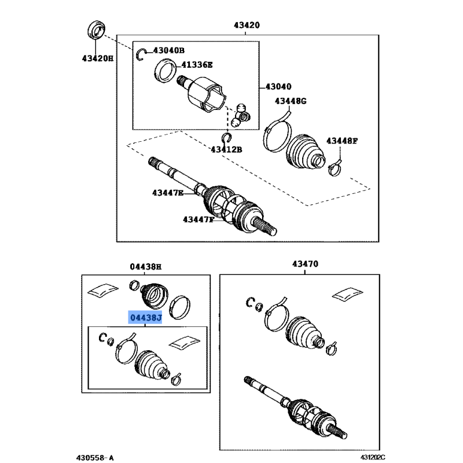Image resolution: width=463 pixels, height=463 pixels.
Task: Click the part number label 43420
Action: coord(247,25)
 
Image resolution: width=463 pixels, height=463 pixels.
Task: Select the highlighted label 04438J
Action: coord(145,317)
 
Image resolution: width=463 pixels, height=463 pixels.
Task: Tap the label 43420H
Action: coord(97,58)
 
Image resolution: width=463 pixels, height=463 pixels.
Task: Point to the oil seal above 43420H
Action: coord(96,30)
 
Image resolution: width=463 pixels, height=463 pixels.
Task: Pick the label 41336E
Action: coord(197,64)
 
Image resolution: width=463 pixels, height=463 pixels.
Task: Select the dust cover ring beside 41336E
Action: coord(165,71)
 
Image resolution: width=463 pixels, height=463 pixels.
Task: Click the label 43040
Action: coord(278,86)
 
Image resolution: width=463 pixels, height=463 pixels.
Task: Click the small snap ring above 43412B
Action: coord(227,138)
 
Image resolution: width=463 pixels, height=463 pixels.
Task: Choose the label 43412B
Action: coord(226,150)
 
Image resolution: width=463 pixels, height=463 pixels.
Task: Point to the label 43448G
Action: coord(291,101)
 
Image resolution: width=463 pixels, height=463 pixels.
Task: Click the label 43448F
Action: coord(341,141)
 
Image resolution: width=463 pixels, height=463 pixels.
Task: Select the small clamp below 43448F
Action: coord(335,168)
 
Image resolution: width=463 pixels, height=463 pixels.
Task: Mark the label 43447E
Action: coord(167,193)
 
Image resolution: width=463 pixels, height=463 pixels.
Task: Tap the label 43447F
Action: coord(198,219)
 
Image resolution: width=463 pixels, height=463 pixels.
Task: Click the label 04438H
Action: coord(146,267)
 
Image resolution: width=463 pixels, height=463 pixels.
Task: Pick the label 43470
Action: coord(305,263)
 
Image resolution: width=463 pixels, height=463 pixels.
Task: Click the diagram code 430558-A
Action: coord(95,458)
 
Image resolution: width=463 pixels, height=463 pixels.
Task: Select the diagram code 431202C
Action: coord(373,457)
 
